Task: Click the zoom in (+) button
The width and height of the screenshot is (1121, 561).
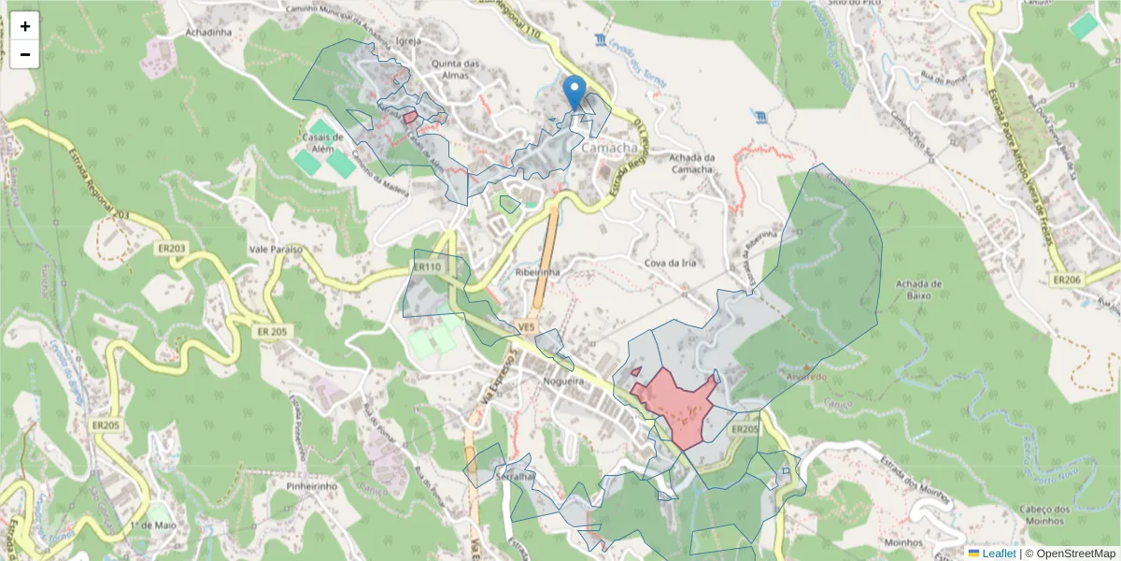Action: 25,26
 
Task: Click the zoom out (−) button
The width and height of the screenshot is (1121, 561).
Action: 25,54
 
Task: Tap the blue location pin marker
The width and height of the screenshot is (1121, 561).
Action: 575,93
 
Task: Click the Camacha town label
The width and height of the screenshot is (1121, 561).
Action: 609,148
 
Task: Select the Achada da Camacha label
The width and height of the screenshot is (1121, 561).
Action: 691,163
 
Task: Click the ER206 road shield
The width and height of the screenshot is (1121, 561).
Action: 1067,280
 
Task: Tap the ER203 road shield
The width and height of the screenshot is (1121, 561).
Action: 174,249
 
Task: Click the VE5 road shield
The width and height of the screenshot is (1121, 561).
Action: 527,327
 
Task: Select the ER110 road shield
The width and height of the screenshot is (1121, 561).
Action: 427,267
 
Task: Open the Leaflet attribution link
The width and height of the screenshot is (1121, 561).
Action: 999,554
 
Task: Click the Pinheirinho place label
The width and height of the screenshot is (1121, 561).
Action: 312,487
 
